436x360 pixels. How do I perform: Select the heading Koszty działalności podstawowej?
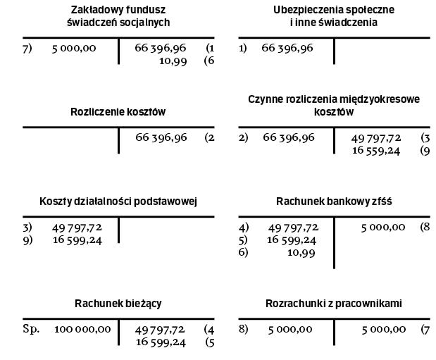[118, 201]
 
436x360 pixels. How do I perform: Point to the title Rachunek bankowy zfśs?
[334, 201]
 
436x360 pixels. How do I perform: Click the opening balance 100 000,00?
[82, 329]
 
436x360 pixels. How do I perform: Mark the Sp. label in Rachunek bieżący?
[31, 329]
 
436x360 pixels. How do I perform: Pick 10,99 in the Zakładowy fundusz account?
[173, 61]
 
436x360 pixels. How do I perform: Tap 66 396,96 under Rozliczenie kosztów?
[161, 137]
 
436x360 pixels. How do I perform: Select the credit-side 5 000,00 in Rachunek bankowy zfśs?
[383, 227]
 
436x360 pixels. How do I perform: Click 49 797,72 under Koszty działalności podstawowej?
[77, 227]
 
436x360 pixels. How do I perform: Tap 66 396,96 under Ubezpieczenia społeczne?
[288, 49]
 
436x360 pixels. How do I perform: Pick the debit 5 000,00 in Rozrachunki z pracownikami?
[289, 329]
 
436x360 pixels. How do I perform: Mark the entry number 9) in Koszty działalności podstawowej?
[27, 240]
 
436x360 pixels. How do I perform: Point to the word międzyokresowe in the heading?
[359, 99]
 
